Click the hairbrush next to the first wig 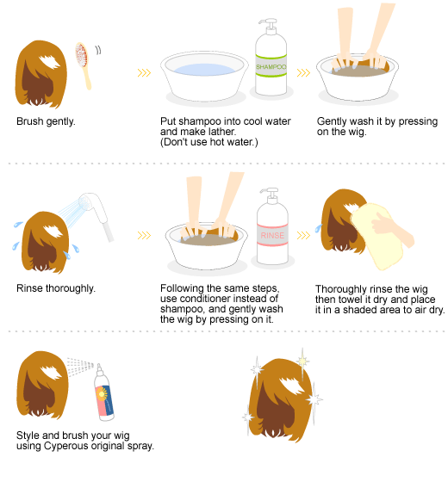click(83, 65)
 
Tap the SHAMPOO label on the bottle click(271, 66)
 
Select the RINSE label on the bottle click(272, 236)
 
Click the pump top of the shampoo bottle click(269, 26)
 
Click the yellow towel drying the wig click(377, 236)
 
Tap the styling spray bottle click(103, 393)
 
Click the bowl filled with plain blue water click(204, 77)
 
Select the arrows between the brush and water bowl click(144, 73)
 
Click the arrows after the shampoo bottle click(303, 73)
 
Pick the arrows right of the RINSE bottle click(303, 236)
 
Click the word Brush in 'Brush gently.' click(30, 121)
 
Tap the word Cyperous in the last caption click(64, 446)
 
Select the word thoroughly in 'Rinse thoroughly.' click(71, 288)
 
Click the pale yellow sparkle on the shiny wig click(302, 361)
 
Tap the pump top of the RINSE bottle click(269, 195)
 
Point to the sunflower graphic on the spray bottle click(102, 394)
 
